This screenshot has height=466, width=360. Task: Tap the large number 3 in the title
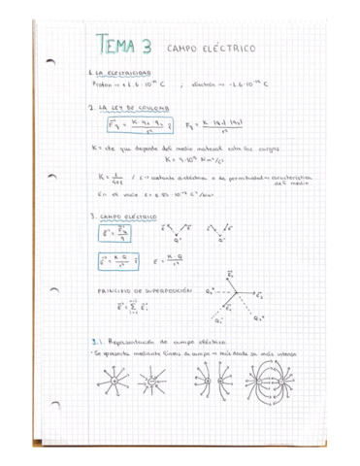point(147,45)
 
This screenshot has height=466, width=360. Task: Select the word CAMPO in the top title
point(184,47)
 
